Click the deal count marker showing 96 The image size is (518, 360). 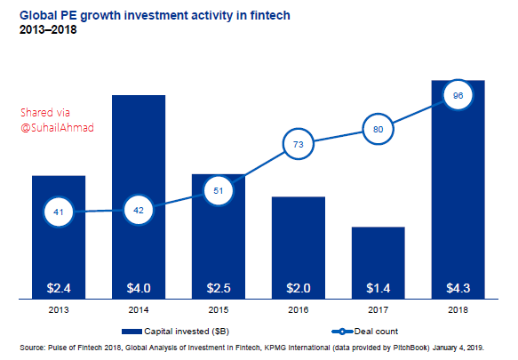458,95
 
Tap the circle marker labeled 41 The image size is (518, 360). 59,212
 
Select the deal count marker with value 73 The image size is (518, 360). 299,144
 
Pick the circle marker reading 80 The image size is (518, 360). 378,129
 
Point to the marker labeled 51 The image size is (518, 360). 219,191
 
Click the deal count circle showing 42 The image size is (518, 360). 139,211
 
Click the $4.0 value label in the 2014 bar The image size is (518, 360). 139,288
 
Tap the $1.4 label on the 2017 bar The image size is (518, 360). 378,288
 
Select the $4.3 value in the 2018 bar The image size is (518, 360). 458,288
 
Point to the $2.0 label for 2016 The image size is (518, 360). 299,288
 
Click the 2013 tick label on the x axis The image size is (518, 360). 59,310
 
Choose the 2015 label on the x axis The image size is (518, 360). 219,310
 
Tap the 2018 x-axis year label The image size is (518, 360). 458,310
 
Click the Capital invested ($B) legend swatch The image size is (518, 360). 131,332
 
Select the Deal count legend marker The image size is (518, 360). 342,332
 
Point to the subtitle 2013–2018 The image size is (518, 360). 48,29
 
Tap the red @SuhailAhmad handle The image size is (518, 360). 57,128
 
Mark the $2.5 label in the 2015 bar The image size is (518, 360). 219,288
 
